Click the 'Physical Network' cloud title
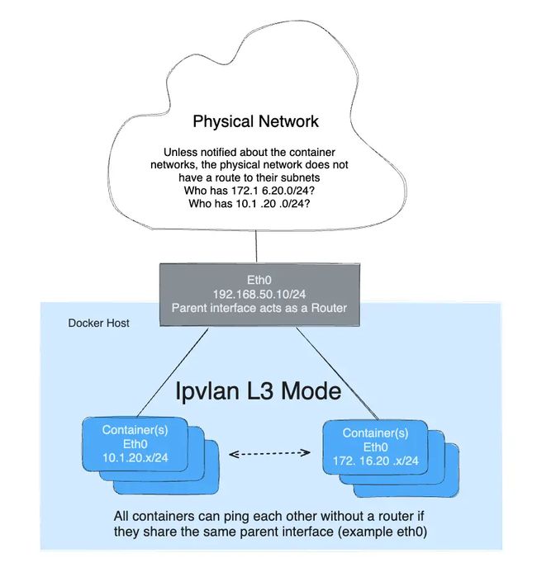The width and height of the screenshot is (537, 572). (255, 122)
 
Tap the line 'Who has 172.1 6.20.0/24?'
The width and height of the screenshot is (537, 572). (249, 191)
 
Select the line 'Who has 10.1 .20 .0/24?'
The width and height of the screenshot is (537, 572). (249, 203)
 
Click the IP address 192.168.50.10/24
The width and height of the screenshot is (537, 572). (259, 294)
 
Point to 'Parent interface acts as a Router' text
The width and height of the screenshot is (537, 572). (259, 308)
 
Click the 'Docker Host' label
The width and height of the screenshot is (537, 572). (98, 323)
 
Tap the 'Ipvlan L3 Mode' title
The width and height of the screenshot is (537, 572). (259, 391)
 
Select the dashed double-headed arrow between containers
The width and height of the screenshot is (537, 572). (269, 453)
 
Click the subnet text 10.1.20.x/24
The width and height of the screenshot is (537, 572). (135, 457)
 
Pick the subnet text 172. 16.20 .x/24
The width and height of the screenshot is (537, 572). (375, 461)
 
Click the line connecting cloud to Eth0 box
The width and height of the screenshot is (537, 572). (256, 246)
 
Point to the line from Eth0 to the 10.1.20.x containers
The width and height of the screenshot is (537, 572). (173, 372)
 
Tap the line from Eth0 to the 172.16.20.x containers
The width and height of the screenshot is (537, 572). (337, 373)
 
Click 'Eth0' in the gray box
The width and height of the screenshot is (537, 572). (259, 280)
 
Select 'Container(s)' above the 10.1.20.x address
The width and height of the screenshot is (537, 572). (135, 430)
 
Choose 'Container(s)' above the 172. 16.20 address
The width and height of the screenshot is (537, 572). (375, 433)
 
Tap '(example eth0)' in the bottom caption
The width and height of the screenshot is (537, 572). (383, 532)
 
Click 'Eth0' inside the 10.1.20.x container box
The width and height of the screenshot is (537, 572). (135, 444)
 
